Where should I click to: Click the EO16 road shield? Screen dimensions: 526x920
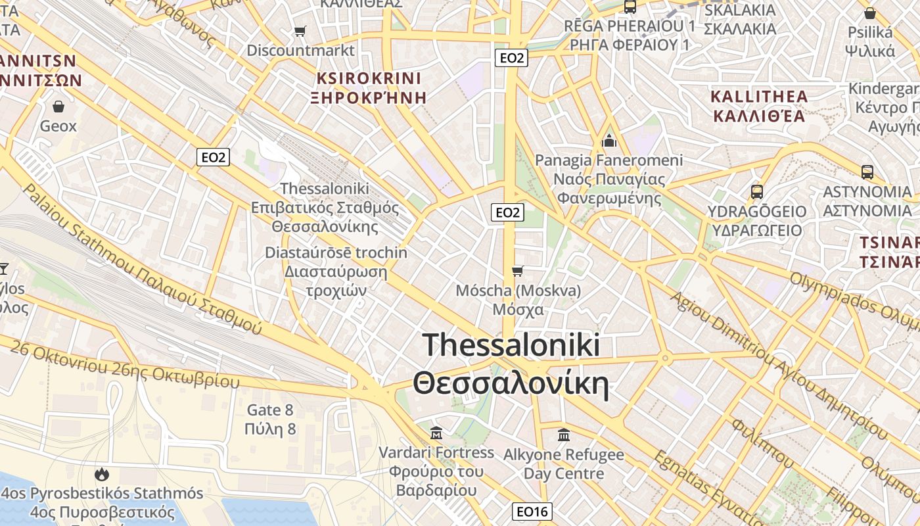532,512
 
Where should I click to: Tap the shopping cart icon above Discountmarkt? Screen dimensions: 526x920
300,31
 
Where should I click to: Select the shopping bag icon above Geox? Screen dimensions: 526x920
58,106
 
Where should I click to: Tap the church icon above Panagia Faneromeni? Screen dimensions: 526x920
609,141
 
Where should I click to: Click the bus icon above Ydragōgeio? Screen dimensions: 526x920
757,192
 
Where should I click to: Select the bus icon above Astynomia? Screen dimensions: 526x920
867,172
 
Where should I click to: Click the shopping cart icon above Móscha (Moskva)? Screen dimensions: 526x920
518,271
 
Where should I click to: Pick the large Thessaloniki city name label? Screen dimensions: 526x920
511,364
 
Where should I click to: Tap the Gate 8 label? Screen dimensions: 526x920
270,419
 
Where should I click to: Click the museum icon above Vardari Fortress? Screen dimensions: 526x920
436,433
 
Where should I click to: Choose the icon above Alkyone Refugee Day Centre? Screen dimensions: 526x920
564,435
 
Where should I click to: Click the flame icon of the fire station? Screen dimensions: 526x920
101,474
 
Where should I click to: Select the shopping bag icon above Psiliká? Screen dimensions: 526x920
870,13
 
